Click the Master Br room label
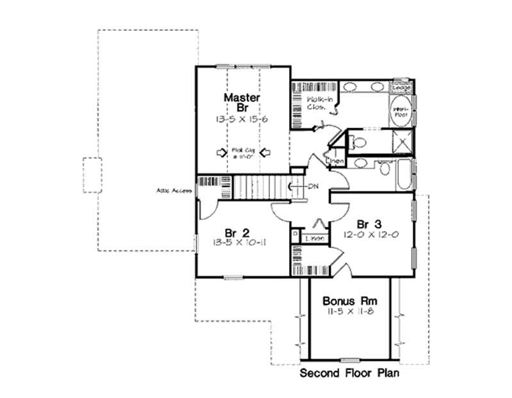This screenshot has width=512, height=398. tap(242, 103)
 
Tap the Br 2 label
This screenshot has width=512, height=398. tap(236, 232)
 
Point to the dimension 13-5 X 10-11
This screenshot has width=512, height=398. tap(237, 243)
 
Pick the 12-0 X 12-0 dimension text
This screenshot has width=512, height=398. tap(371, 235)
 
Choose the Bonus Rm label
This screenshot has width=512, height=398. tap(349, 300)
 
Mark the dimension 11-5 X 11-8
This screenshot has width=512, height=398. tap(349, 311)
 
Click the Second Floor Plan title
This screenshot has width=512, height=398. tap(350, 374)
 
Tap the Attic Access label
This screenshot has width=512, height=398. tap(173, 190)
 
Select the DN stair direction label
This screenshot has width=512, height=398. tap(313, 187)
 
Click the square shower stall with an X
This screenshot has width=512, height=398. tap(402, 142)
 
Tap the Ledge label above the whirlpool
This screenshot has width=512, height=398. tap(401, 86)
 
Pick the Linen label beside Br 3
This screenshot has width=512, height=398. tap(314, 238)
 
